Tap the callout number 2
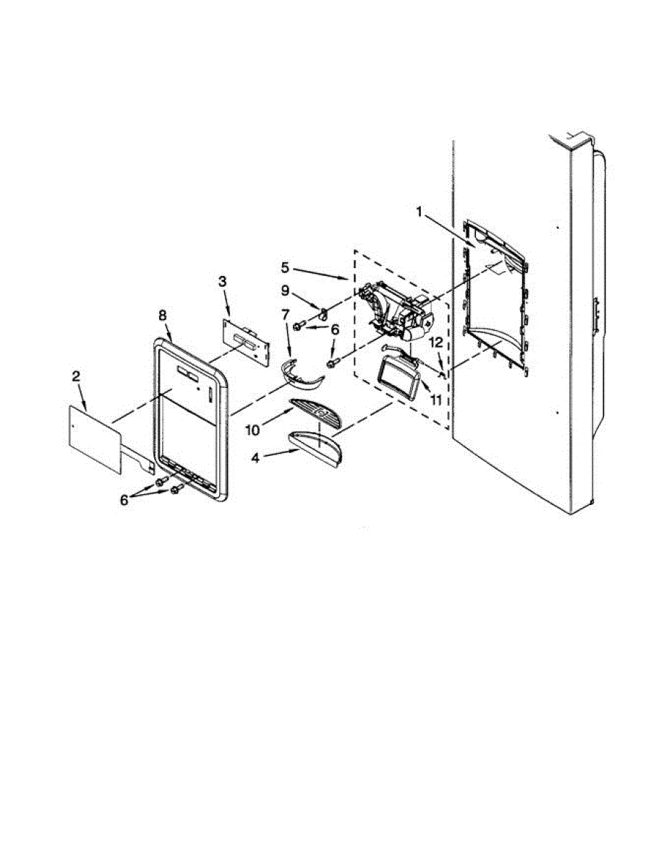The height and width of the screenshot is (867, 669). coord(76,376)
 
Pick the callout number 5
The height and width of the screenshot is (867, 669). coord(285,267)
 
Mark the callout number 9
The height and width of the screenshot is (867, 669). coord(285,291)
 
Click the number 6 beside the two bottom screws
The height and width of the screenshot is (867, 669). coord(124,499)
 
